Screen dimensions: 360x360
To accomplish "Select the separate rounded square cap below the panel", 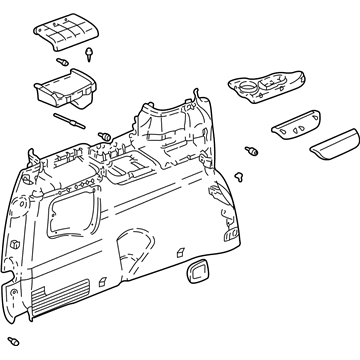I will [198, 272].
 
